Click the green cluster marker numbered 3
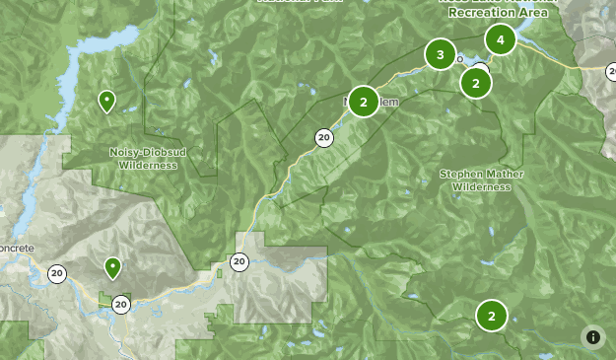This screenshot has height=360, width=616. (x=440, y=54)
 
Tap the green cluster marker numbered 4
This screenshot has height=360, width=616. (x=501, y=39)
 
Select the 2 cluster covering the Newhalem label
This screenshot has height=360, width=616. (x=364, y=102)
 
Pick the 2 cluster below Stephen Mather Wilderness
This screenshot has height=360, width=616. (x=491, y=316)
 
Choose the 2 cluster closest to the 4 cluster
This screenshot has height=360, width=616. (x=476, y=83)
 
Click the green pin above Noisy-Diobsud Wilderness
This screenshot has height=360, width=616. (x=106, y=101)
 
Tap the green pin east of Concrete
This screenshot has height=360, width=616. (x=113, y=267)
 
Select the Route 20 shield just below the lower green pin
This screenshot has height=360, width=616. (x=120, y=304)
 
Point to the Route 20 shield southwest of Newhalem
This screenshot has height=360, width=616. (x=323, y=137)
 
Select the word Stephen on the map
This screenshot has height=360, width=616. (x=461, y=174)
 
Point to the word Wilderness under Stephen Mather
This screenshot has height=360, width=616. (x=483, y=185)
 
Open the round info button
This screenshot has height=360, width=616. (x=593, y=337)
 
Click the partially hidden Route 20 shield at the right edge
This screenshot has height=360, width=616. (x=610, y=70)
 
